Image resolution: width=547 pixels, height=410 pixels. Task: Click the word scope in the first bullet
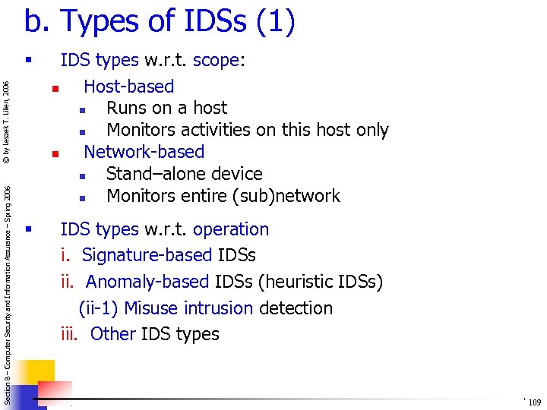[217, 61]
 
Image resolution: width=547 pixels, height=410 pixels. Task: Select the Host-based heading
[128, 87]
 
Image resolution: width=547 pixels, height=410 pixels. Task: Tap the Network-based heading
[144, 152]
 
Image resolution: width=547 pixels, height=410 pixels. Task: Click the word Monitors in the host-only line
[142, 131]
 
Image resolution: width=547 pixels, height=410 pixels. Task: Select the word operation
[231, 229]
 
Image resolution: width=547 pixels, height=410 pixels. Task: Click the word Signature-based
[147, 255]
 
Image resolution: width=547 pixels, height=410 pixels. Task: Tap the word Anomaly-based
[147, 282]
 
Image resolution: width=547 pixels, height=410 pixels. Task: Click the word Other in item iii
[113, 334]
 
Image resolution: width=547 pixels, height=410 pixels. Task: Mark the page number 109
[534, 402]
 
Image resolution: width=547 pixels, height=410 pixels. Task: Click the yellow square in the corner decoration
[39, 373]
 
